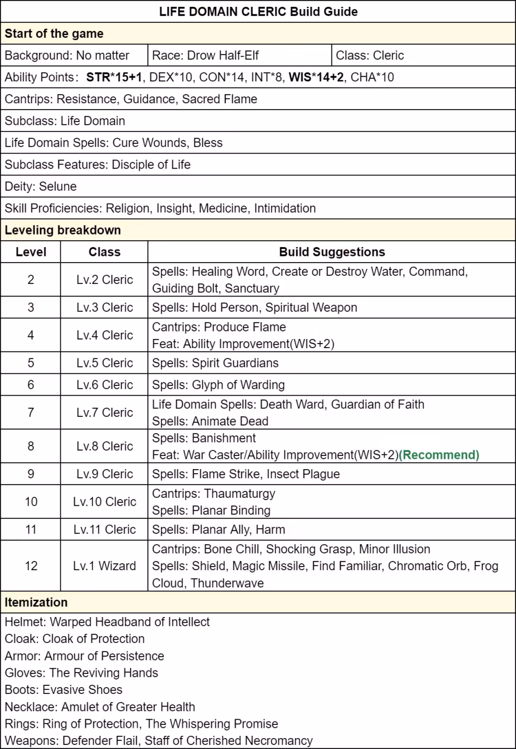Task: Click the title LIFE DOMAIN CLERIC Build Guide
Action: click(258, 11)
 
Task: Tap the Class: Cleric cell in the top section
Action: click(370, 56)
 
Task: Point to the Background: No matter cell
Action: click(67, 56)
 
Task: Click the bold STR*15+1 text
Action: click(114, 77)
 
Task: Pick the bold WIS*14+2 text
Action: click(316, 77)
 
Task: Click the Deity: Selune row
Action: click(41, 186)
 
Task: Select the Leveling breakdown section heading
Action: click(63, 230)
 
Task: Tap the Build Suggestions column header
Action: click(332, 252)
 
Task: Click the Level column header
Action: click(31, 252)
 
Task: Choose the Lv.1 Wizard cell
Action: click(104, 566)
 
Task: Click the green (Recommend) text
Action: click(439, 455)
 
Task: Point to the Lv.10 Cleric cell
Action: click(104, 502)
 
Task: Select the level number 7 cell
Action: click(31, 412)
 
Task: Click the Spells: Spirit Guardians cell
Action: click(215, 363)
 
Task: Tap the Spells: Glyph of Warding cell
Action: click(218, 385)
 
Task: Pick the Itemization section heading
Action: click(37, 602)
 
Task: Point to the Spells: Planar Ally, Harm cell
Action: click(218, 529)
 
